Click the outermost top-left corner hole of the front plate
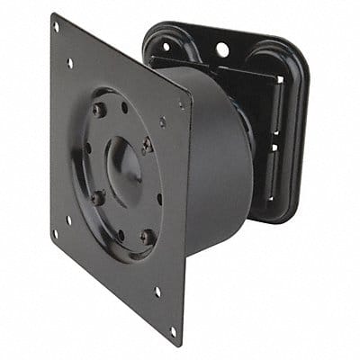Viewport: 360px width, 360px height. click(x=56, y=27)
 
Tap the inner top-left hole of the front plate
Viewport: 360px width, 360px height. click(x=71, y=63)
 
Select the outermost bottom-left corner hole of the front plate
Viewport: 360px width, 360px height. click(x=56, y=233)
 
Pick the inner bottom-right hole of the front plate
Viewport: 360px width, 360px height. click(x=157, y=291)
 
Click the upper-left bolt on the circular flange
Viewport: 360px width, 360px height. click(x=98, y=110)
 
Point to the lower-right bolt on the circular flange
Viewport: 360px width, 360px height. click(x=146, y=237)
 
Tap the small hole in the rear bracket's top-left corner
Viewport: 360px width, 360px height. click(x=165, y=43)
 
